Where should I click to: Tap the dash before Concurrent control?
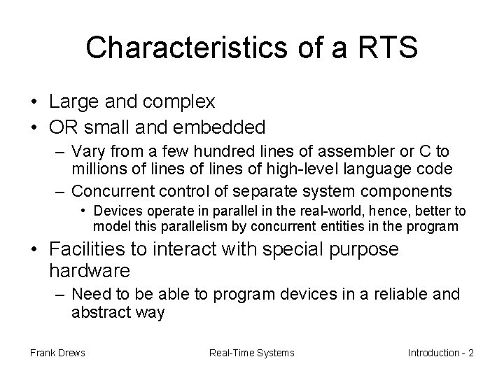click(x=61, y=190)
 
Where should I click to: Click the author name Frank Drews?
click(x=57, y=353)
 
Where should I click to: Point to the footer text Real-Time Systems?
click(x=252, y=353)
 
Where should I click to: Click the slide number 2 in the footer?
click(x=470, y=353)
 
